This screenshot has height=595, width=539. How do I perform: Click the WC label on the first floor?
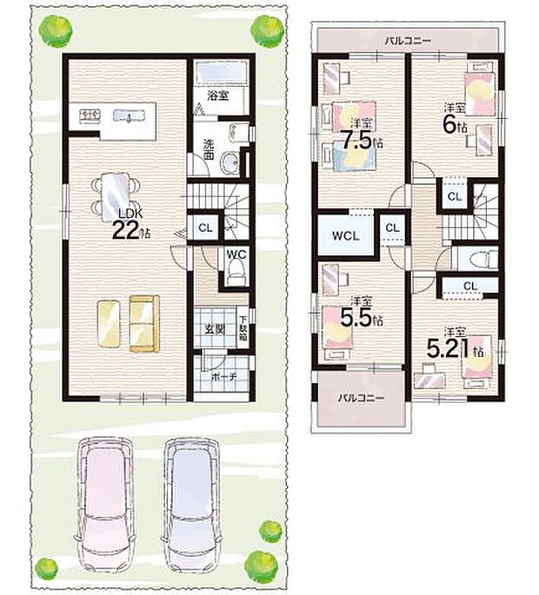click(235, 254)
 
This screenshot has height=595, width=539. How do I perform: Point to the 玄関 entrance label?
click(214, 328)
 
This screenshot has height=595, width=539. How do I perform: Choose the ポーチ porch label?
click(222, 377)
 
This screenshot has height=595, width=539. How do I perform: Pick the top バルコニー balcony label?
click(406, 40)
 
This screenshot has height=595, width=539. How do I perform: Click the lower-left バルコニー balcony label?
click(356, 398)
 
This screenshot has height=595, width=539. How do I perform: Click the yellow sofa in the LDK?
click(144, 323)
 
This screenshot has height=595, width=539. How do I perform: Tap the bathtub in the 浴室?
click(220, 73)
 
